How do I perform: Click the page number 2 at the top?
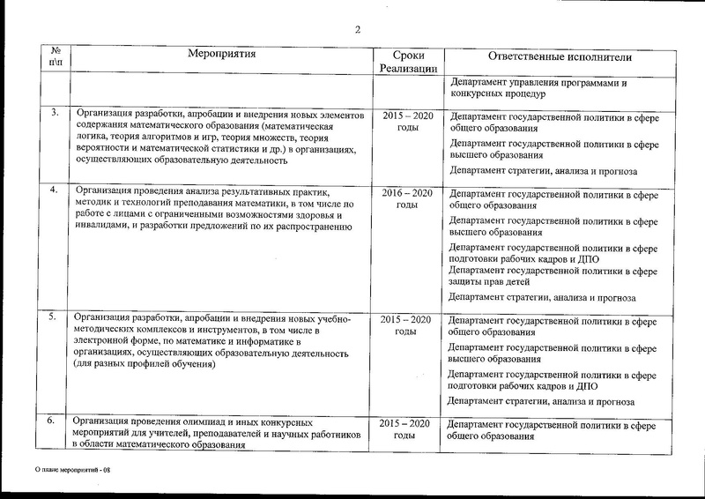tap(358, 30)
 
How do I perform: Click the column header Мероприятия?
tap(222, 55)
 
